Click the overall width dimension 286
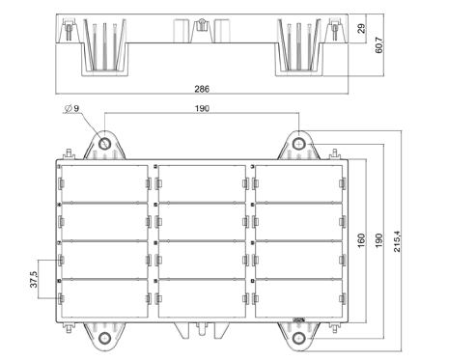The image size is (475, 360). click(202, 89)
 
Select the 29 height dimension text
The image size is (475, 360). click(362, 28)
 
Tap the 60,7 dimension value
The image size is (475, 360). click(379, 45)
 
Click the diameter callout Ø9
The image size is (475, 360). click(72, 108)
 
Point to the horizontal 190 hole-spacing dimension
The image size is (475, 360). click(202, 109)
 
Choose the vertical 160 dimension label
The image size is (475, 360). click(361, 240)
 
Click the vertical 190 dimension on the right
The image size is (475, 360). click(379, 240)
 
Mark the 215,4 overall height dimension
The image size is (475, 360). click(397, 241)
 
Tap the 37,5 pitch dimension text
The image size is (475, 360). click(34, 279)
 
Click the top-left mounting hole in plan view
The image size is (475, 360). click(104, 144)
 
